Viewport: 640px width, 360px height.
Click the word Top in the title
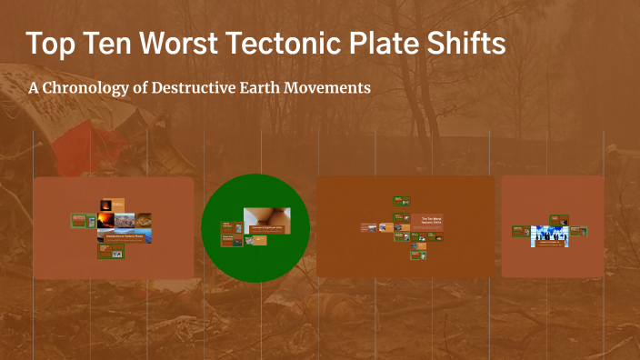[x=52, y=44]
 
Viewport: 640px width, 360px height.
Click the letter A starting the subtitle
[x=34, y=88]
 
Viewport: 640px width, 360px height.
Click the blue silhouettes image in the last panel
[x=549, y=235]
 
